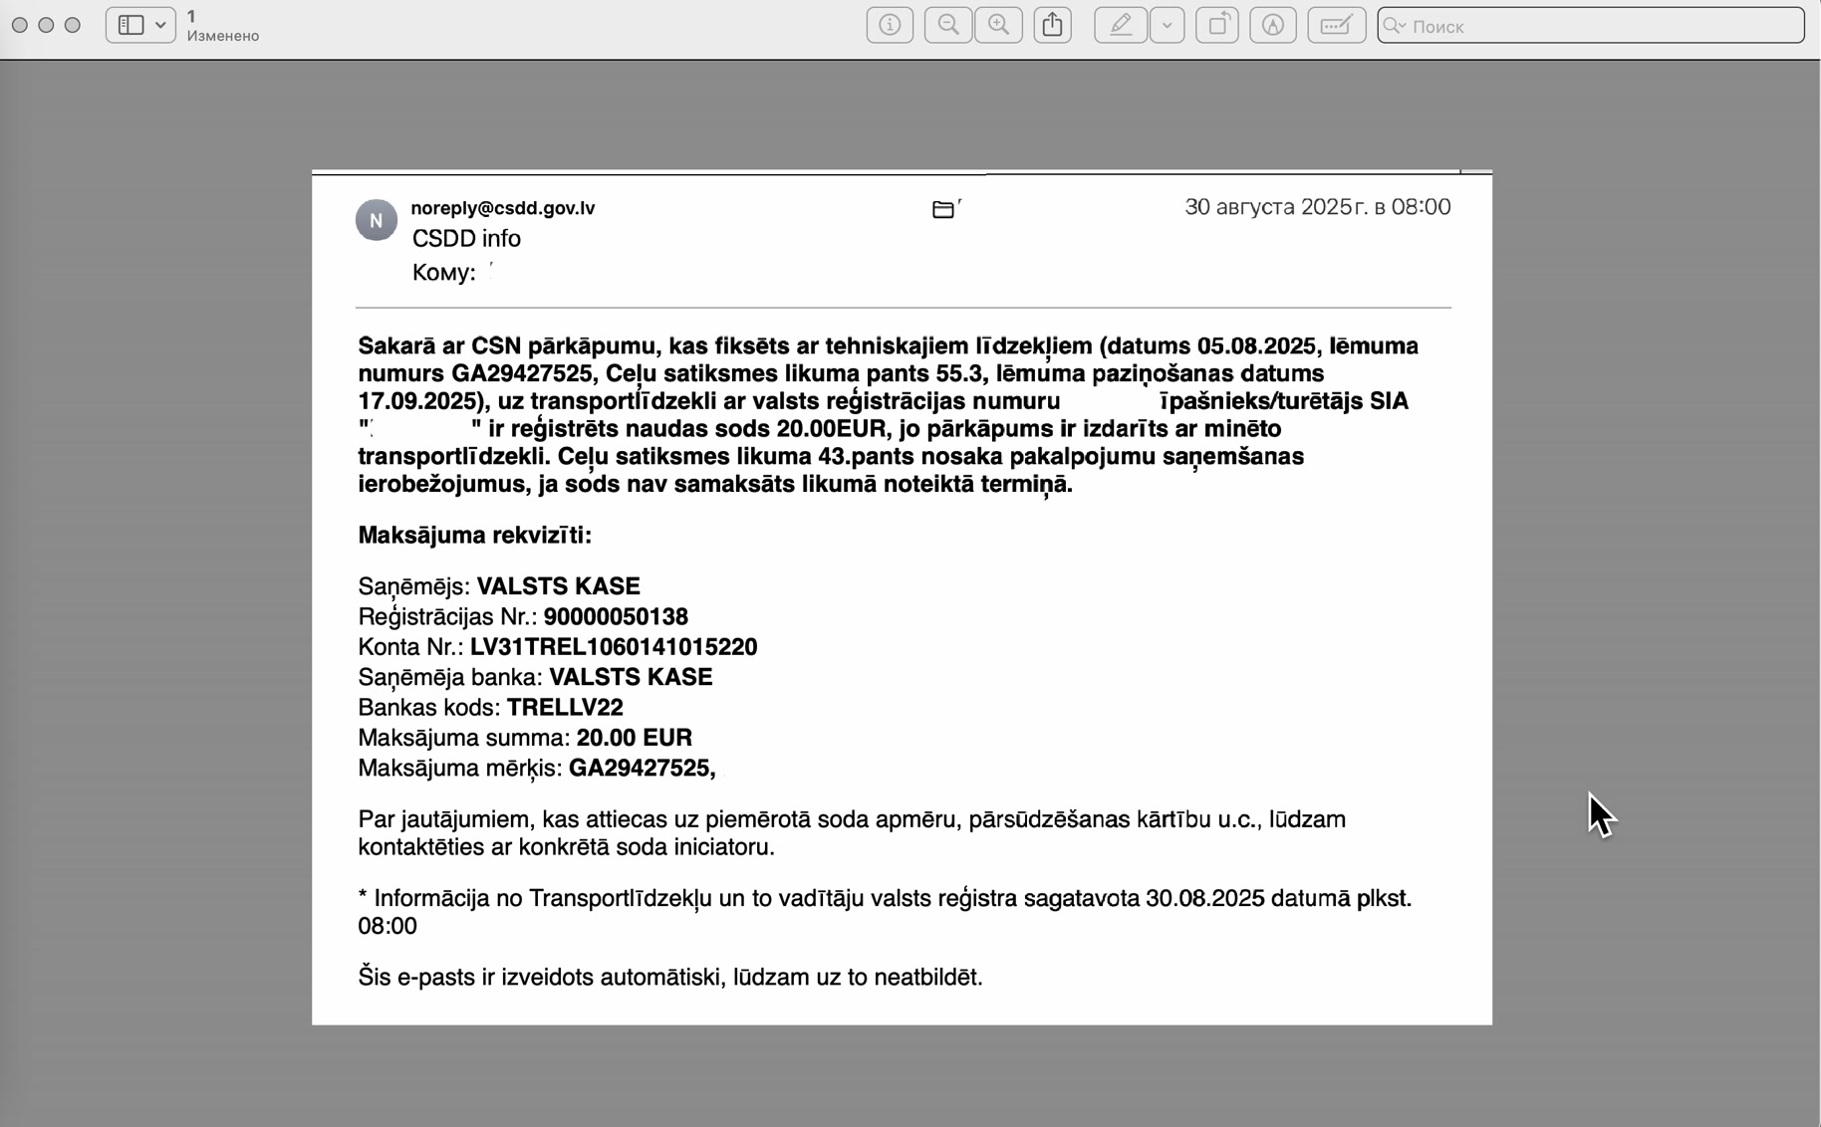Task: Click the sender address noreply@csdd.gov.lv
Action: click(x=502, y=208)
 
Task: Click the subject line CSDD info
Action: click(x=466, y=239)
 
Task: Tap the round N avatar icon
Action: click(x=377, y=220)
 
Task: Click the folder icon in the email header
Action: click(x=943, y=209)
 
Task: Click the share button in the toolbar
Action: click(x=1052, y=26)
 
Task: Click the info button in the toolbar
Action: click(x=890, y=26)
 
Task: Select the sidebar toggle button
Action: click(x=139, y=26)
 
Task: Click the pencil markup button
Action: click(x=1121, y=26)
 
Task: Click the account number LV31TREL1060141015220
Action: click(x=614, y=647)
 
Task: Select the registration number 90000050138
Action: click(x=616, y=617)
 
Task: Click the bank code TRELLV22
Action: click(x=565, y=708)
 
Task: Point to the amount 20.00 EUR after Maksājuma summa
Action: click(x=634, y=738)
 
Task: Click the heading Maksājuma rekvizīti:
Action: click(x=474, y=536)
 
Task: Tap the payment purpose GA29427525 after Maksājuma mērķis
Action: click(x=641, y=769)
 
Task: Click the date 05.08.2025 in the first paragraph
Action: click(x=1257, y=346)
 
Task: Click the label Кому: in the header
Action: click(x=443, y=273)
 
